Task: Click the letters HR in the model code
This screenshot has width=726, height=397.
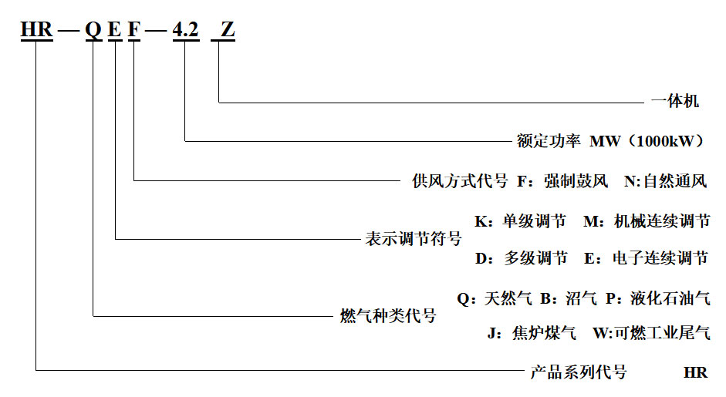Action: (x=36, y=30)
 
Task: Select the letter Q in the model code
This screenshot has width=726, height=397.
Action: (x=93, y=30)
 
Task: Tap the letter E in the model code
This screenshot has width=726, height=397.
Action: (x=115, y=30)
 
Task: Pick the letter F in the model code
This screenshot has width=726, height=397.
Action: (x=135, y=30)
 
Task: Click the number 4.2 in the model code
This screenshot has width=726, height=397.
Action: (x=185, y=30)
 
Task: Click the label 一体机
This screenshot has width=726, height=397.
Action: (x=675, y=101)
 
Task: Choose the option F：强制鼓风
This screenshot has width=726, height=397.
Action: (x=562, y=182)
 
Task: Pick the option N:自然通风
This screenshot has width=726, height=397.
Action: (x=666, y=182)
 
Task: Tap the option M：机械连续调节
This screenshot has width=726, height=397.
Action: (x=647, y=222)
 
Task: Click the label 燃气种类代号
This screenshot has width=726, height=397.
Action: (x=388, y=315)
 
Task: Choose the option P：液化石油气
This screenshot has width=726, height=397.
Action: (x=658, y=298)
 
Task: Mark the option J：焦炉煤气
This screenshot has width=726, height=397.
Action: (x=532, y=334)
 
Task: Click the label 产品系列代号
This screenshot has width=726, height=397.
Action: (x=579, y=372)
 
